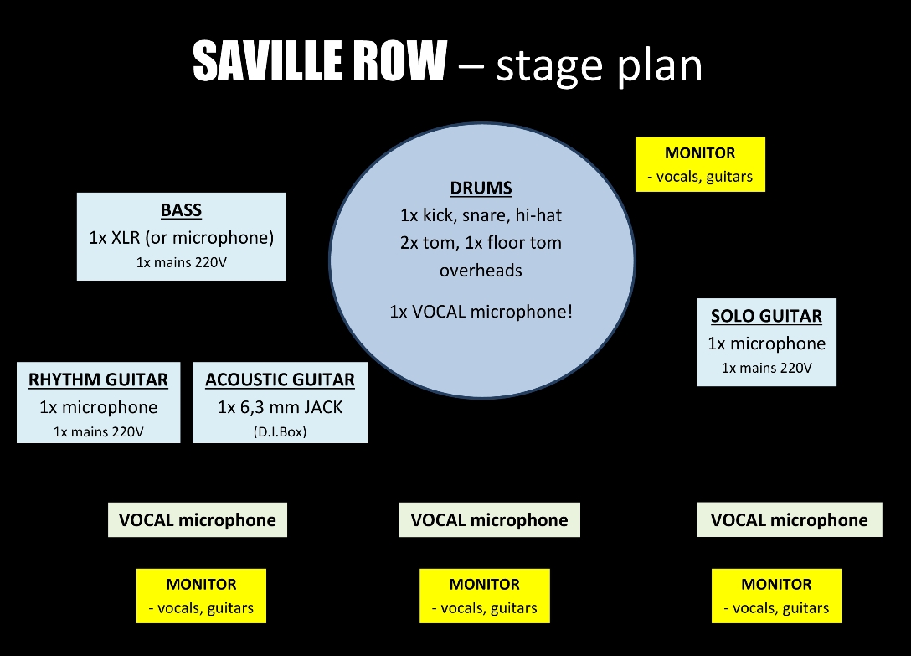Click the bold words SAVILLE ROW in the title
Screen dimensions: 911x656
pyautogui.click(x=320, y=61)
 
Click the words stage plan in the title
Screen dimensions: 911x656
pyautogui.click(x=599, y=65)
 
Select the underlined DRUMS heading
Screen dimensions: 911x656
pyautogui.click(x=481, y=188)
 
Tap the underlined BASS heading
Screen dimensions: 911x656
pyautogui.click(x=181, y=210)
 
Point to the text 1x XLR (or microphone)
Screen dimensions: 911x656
pyautogui.click(x=181, y=237)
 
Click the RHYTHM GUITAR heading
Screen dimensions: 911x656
pyautogui.click(x=98, y=380)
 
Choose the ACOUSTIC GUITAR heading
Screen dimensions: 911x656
pyautogui.click(x=280, y=380)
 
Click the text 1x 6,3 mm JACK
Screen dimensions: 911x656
pyautogui.click(x=280, y=407)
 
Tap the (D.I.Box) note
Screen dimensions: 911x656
pyautogui.click(x=280, y=431)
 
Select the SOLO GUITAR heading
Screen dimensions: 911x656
pyautogui.click(x=766, y=316)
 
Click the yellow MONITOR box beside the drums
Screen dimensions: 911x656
pyautogui.click(x=700, y=164)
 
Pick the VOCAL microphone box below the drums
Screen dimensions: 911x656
pyautogui.click(x=489, y=520)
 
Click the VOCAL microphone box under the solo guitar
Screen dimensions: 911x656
pyautogui.click(x=790, y=520)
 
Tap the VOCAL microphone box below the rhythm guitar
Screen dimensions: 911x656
pyautogui.click(x=198, y=520)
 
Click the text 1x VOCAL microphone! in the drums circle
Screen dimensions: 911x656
pyautogui.click(x=481, y=312)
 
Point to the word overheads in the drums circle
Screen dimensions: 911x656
pyautogui.click(x=481, y=271)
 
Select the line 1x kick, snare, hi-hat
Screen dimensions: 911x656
pyautogui.click(x=481, y=215)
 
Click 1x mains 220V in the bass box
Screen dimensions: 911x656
pyautogui.click(x=181, y=262)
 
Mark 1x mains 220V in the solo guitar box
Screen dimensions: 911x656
pyautogui.click(x=766, y=368)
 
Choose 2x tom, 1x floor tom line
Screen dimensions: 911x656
pyautogui.click(x=481, y=242)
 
